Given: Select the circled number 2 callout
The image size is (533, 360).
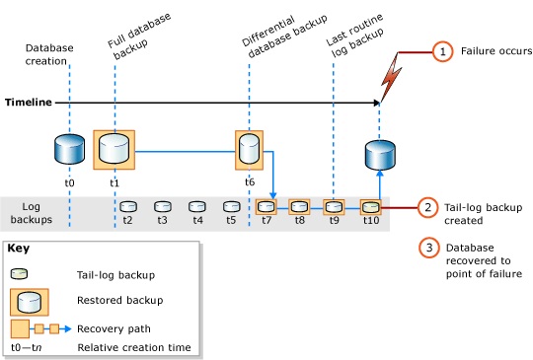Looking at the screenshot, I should click(x=427, y=207).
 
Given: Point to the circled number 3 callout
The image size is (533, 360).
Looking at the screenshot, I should click(x=427, y=248).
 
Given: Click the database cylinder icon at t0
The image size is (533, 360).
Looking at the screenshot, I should click(x=70, y=151).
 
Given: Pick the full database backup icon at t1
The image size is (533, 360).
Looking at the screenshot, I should click(x=114, y=150).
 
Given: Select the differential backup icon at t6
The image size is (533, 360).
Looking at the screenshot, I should click(x=250, y=148).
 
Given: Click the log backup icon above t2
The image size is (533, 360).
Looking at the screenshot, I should click(x=127, y=207).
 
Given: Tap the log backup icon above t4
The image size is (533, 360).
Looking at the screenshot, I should click(x=196, y=207).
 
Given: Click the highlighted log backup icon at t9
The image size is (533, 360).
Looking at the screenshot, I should click(x=335, y=207).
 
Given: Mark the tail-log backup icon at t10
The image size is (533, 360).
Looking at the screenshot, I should click(x=370, y=207).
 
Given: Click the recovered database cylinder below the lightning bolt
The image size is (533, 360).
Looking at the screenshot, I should click(x=380, y=156).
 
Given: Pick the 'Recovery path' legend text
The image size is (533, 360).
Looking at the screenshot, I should click(x=110, y=327).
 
